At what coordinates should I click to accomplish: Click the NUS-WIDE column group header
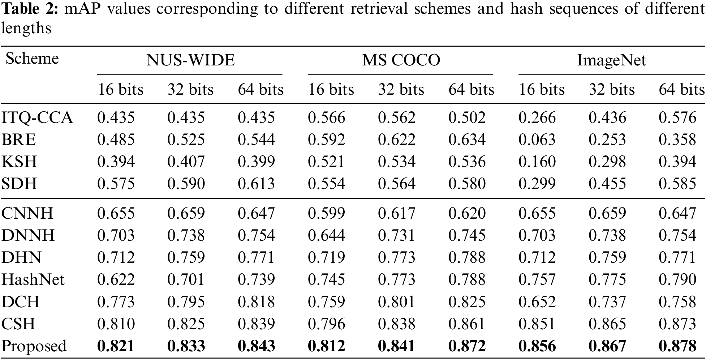click(x=190, y=60)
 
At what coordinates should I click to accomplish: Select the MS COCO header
click(x=401, y=60)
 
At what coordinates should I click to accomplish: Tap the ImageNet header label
click(x=611, y=60)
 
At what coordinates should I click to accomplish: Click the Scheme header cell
click(x=32, y=59)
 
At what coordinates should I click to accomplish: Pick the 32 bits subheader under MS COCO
click(x=401, y=89)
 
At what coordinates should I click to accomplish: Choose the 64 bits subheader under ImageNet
click(x=681, y=89)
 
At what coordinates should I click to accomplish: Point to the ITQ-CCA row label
click(x=37, y=118)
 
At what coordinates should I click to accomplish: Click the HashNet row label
click(x=33, y=279)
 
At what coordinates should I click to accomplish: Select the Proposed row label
click(x=34, y=346)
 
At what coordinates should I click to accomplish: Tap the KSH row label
click(x=19, y=162)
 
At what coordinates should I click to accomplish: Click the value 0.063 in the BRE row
click(x=537, y=140)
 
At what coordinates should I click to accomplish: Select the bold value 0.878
click(x=677, y=346)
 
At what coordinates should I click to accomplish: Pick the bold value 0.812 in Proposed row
click(x=326, y=346)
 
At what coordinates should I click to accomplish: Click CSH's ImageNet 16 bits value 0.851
click(x=537, y=323)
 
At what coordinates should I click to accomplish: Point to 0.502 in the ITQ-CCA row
click(x=467, y=118)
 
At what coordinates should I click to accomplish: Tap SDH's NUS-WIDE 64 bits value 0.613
click(x=256, y=184)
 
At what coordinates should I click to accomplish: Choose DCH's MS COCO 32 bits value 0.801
click(x=397, y=301)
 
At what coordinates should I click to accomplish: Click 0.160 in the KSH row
click(x=537, y=162)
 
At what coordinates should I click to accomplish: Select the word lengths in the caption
click(x=26, y=28)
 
